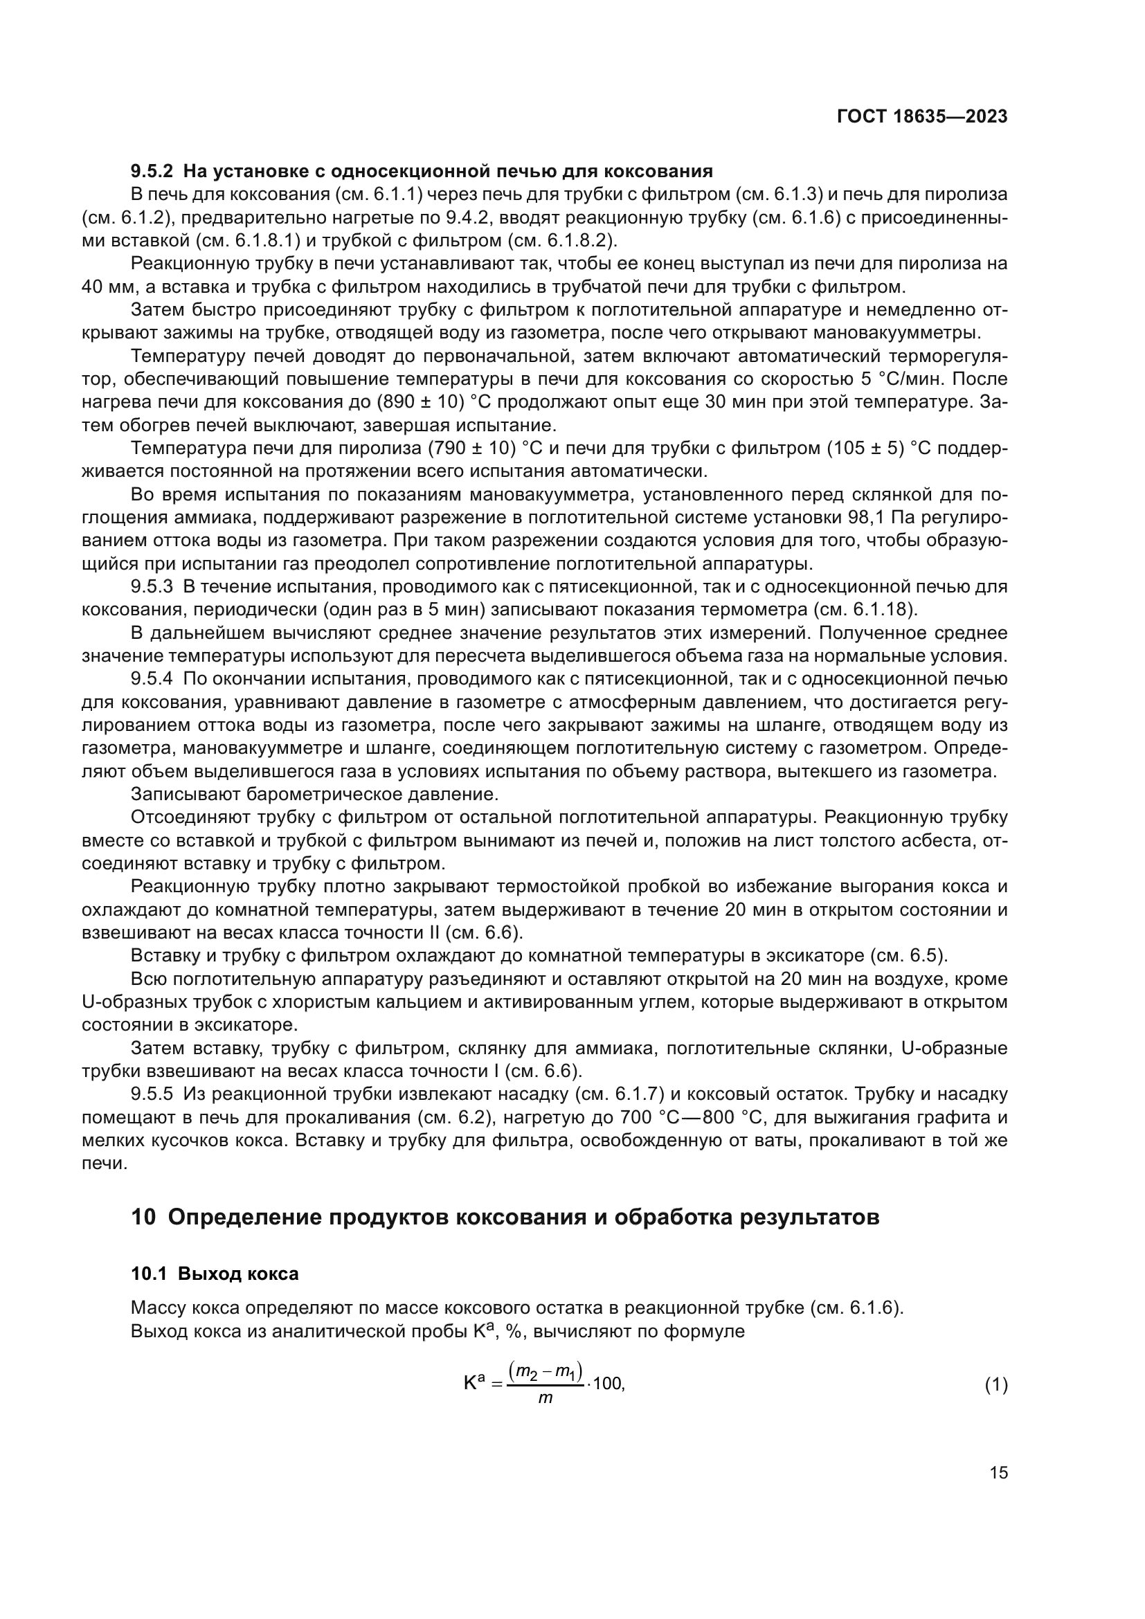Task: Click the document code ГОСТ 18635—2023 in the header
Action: (x=921, y=117)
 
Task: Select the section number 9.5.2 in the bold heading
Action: (x=152, y=172)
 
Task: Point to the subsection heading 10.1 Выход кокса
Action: (x=215, y=1274)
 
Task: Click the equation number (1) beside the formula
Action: (x=995, y=1385)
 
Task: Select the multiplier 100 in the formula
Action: (x=608, y=1384)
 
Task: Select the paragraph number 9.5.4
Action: (x=152, y=679)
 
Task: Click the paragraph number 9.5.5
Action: (x=152, y=1094)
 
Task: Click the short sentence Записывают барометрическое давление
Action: (x=314, y=795)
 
